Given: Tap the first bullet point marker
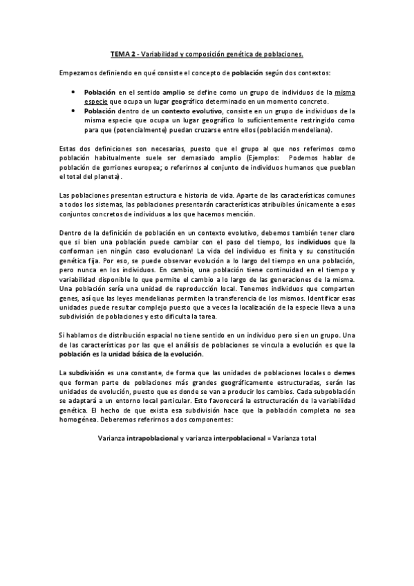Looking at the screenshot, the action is (74, 91).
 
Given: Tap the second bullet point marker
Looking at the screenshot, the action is (74, 110).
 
